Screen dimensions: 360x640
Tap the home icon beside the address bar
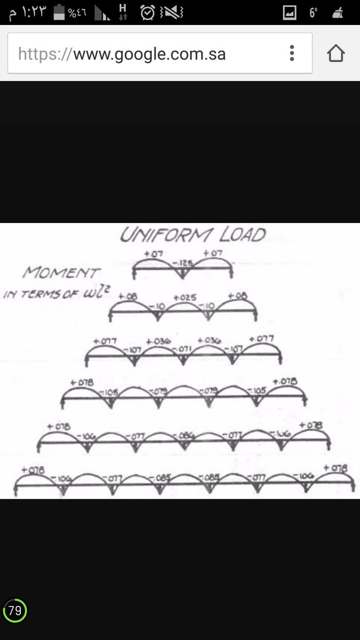(336, 53)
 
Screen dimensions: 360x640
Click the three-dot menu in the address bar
(292, 53)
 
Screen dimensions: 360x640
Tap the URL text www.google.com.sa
(149, 54)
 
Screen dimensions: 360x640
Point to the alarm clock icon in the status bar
(148, 12)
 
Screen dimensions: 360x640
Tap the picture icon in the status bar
(290, 12)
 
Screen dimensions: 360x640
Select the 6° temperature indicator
(314, 12)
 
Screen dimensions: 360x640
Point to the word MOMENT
(60, 273)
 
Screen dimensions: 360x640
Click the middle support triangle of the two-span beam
(183, 274)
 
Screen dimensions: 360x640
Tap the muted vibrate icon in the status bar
(172, 12)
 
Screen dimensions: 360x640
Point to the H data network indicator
(123, 12)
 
